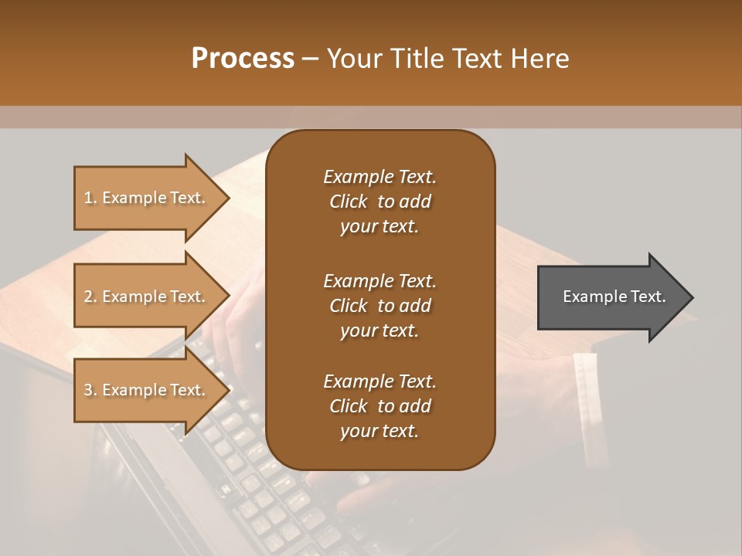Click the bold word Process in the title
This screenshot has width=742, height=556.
click(x=243, y=59)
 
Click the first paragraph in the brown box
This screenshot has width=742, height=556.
click(x=380, y=202)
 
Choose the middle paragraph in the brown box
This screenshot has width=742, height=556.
click(x=380, y=305)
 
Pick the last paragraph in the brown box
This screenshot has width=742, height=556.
click(x=380, y=406)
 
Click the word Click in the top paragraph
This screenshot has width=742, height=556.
click(x=348, y=202)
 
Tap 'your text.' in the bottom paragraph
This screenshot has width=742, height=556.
click(x=380, y=432)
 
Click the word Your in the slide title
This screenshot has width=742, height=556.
click(x=352, y=59)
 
